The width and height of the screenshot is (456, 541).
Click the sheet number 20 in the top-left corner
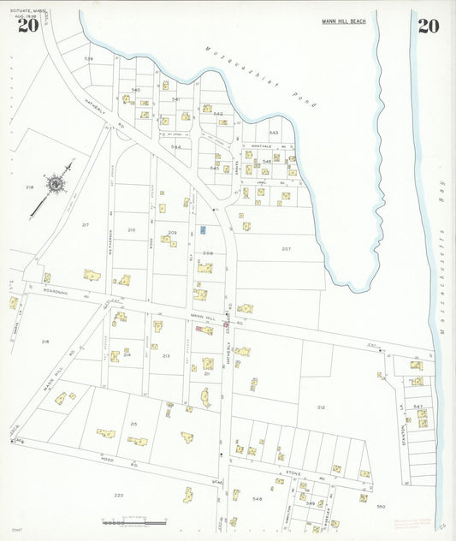[27, 26]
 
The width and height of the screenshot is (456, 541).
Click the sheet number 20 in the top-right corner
[429, 26]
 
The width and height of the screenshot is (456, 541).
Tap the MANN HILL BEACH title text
[344, 21]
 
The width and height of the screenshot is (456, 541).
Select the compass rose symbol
[56, 183]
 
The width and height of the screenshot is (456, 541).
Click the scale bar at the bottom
[133, 520]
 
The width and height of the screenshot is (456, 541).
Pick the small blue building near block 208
[203, 229]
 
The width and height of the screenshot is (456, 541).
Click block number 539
[88, 58]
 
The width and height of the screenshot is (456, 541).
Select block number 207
[286, 248]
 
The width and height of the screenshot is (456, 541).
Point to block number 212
[321, 407]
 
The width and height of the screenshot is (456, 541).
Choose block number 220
[118, 495]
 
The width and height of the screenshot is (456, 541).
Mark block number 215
[133, 424]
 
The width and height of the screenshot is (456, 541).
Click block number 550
[381, 506]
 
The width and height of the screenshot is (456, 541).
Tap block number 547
[418, 406]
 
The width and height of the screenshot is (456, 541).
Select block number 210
[131, 229]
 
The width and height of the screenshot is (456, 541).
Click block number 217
[85, 224]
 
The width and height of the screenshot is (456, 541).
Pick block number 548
[257, 497]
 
